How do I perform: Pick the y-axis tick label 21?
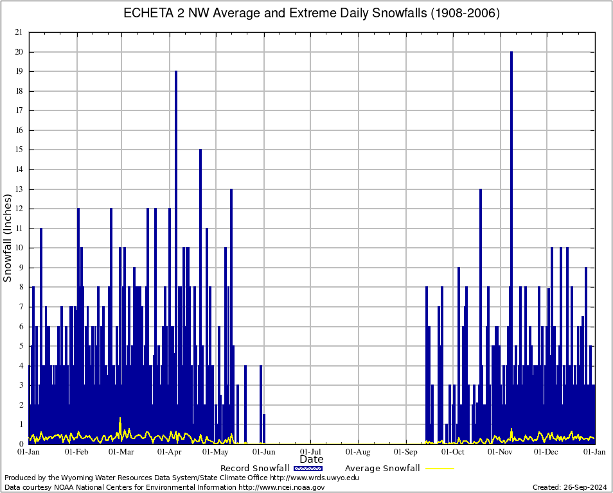click(19, 32)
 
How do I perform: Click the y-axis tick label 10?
click(19, 248)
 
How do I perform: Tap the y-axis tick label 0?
click(21, 444)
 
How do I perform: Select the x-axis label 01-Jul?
click(311, 452)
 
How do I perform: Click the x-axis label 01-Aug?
click(359, 452)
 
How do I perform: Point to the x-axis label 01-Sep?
click(407, 452)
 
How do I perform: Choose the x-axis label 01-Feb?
click(76, 452)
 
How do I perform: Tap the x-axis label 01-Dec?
click(547, 452)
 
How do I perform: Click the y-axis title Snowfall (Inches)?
click(8, 238)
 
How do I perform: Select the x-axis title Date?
click(312, 460)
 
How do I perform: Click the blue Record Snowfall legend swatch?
click(307, 469)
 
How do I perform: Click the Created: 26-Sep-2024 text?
click(570, 487)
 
